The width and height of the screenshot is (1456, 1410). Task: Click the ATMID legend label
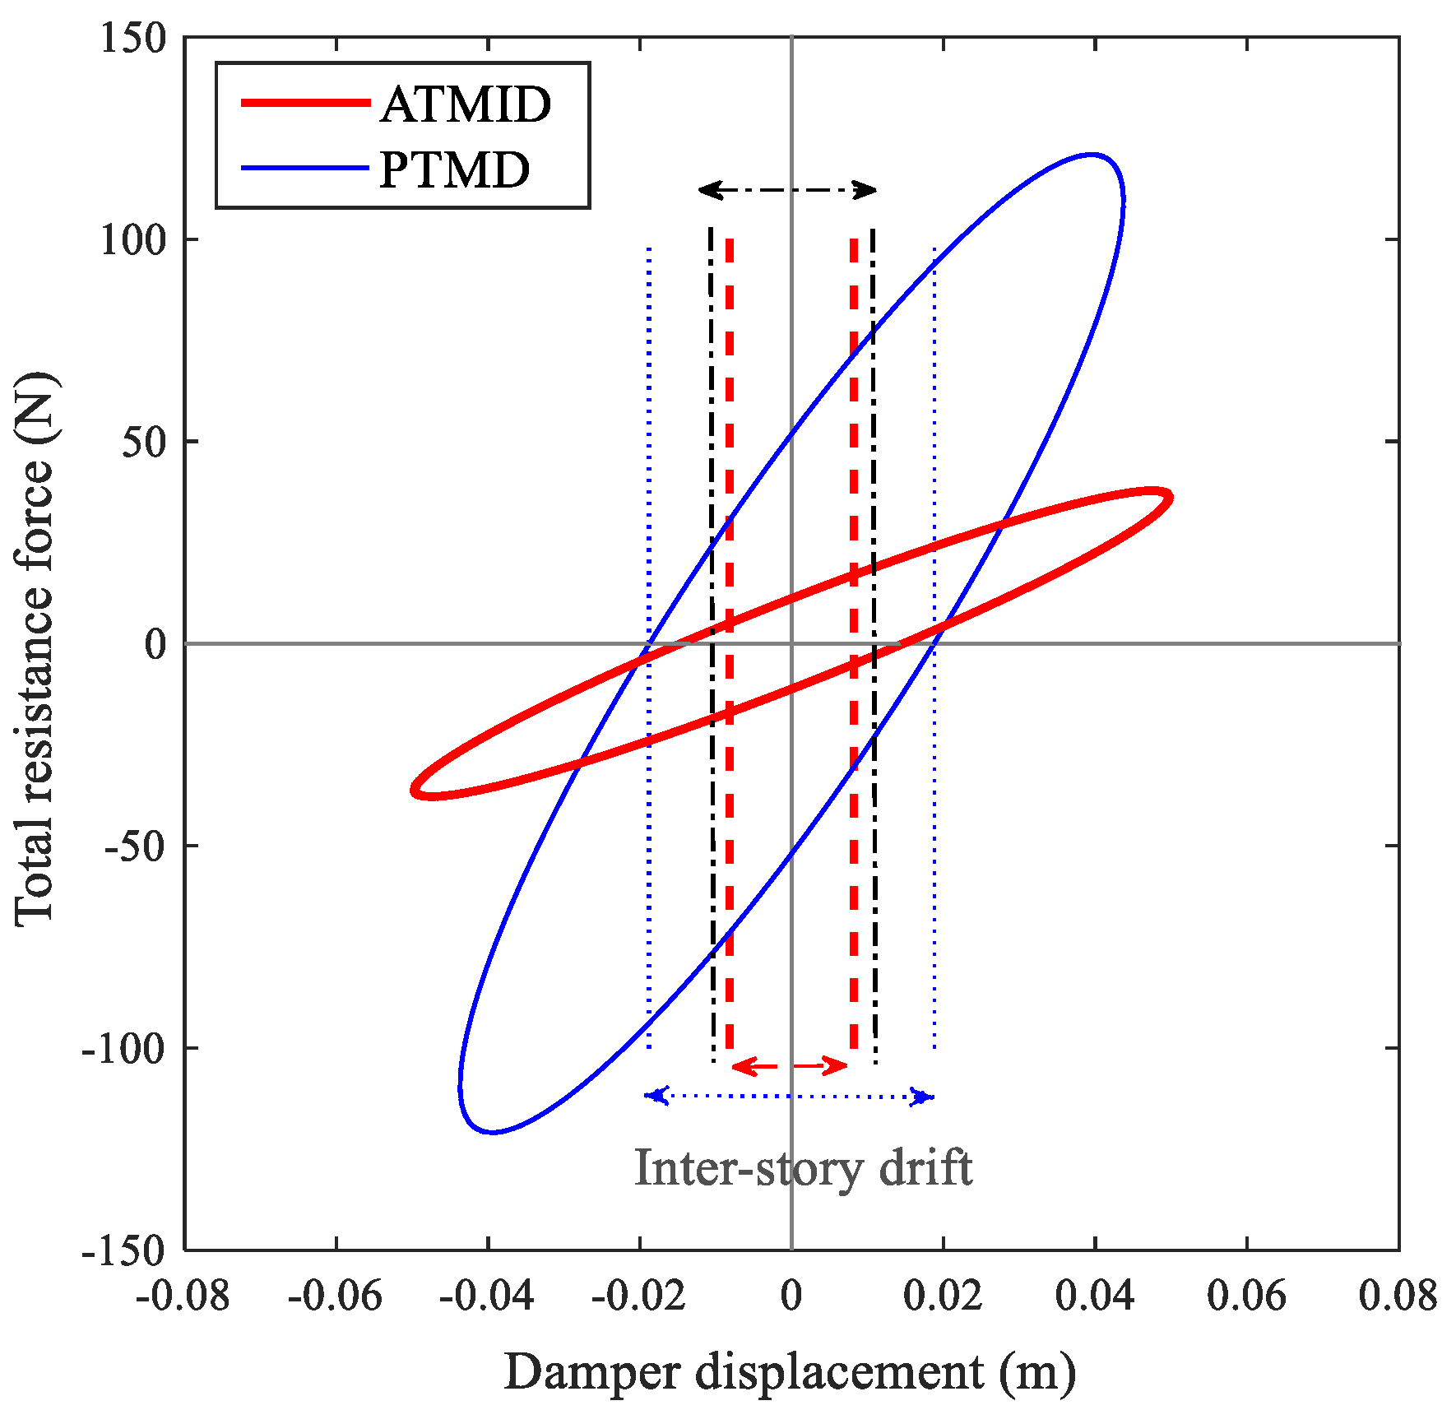tap(466, 104)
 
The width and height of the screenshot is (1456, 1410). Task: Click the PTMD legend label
tap(454, 170)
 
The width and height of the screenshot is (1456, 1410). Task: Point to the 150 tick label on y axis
tap(132, 38)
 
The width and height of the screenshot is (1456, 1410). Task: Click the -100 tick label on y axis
tap(123, 1048)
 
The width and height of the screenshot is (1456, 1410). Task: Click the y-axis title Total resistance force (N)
tap(35, 650)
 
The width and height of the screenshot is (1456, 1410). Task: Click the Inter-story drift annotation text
tap(803, 1167)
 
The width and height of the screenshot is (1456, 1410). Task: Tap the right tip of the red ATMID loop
tap(1170, 497)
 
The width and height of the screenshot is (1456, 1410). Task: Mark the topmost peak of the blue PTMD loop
tap(1091, 154)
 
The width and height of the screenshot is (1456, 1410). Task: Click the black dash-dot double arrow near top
tap(787, 191)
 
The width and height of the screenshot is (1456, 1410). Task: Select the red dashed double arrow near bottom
tap(790, 1067)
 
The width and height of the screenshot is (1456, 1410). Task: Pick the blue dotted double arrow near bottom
tap(790, 1097)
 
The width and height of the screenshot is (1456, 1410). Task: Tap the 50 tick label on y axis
tap(143, 442)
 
